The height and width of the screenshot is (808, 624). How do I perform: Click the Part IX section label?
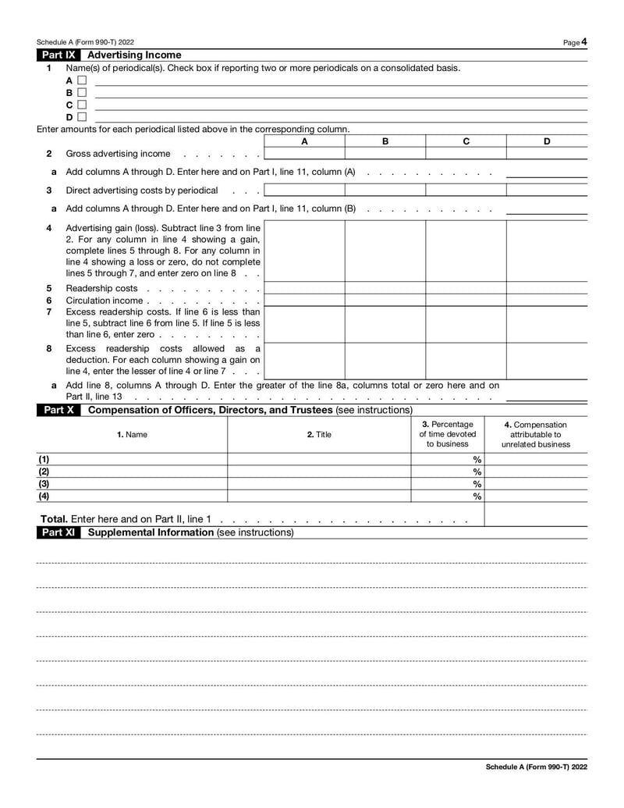tap(59, 55)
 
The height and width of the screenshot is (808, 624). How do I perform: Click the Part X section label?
tap(59, 410)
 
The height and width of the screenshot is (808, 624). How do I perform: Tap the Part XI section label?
tap(59, 532)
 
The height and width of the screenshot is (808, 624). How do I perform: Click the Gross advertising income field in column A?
tap(304, 153)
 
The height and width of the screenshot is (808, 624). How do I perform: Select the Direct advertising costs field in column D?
tap(546, 190)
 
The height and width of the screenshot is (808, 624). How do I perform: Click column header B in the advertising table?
tap(385, 141)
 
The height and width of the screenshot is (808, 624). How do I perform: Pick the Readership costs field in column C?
tap(466, 288)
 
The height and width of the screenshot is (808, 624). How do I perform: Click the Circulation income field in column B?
tap(385, 301)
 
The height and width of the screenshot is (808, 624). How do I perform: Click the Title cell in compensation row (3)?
tap(319, 484)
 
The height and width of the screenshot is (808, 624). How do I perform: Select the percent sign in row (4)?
tap(477, 497)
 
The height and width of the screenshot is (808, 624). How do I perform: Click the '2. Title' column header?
tap(319, 434)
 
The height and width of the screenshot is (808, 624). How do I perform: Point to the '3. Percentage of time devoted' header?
tap(448, 434)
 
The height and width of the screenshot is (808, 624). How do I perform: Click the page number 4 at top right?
tap(583, 41)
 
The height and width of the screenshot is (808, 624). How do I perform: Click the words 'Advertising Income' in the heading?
tap(134, 55)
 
